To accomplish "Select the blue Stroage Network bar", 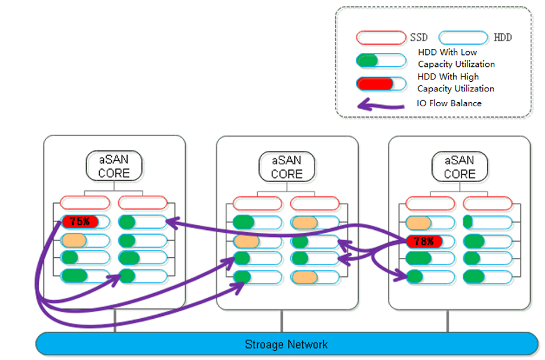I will [287, 344].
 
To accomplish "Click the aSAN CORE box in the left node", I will [113, 167].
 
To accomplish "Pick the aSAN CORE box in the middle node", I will [287, 167].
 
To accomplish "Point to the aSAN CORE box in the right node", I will [460, 167].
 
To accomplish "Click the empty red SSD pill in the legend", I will [380, 38].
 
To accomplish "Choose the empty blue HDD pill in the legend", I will [463, 38].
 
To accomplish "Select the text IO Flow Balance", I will [449, 103].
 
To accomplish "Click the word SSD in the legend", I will [419, 38].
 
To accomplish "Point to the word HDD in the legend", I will [503, 38].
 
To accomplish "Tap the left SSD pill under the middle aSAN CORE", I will [257, 203].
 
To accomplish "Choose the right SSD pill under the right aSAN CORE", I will [487, 203].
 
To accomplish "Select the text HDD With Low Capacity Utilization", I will [456, 58].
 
